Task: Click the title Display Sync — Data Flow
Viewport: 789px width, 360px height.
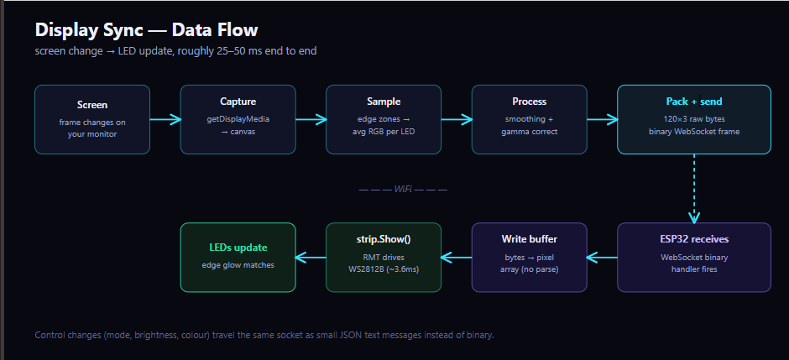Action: click(146, 30)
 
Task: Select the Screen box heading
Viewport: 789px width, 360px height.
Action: click(92, 105)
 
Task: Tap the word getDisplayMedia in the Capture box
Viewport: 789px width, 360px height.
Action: click(238, 119)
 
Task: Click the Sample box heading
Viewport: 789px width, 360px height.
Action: click(384, 102)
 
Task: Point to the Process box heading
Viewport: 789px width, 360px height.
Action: click(530, 102)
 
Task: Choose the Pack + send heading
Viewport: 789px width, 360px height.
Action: click(694, 102)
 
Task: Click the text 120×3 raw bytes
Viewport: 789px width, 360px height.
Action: click(694, 119)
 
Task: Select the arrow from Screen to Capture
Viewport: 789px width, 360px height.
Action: click(165, 120)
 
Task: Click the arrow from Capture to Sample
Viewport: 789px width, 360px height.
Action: click(311, 120)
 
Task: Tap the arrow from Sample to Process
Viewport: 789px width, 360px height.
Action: click(457, 120)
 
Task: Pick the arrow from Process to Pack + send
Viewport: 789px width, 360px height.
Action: click(603, 120)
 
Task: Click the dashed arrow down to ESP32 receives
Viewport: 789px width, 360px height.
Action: click(694, 189)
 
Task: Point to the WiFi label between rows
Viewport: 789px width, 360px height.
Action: click(403, 190)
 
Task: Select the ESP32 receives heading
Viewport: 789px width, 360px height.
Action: click(694, 239)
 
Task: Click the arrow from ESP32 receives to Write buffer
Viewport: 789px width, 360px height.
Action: click(602, 258)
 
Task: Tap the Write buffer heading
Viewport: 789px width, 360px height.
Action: click(530, 239)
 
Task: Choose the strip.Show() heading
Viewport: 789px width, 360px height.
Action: click(384, 239)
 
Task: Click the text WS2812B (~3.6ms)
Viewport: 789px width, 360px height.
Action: click(384, 269)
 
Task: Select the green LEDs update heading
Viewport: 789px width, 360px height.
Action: click(238, 248)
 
